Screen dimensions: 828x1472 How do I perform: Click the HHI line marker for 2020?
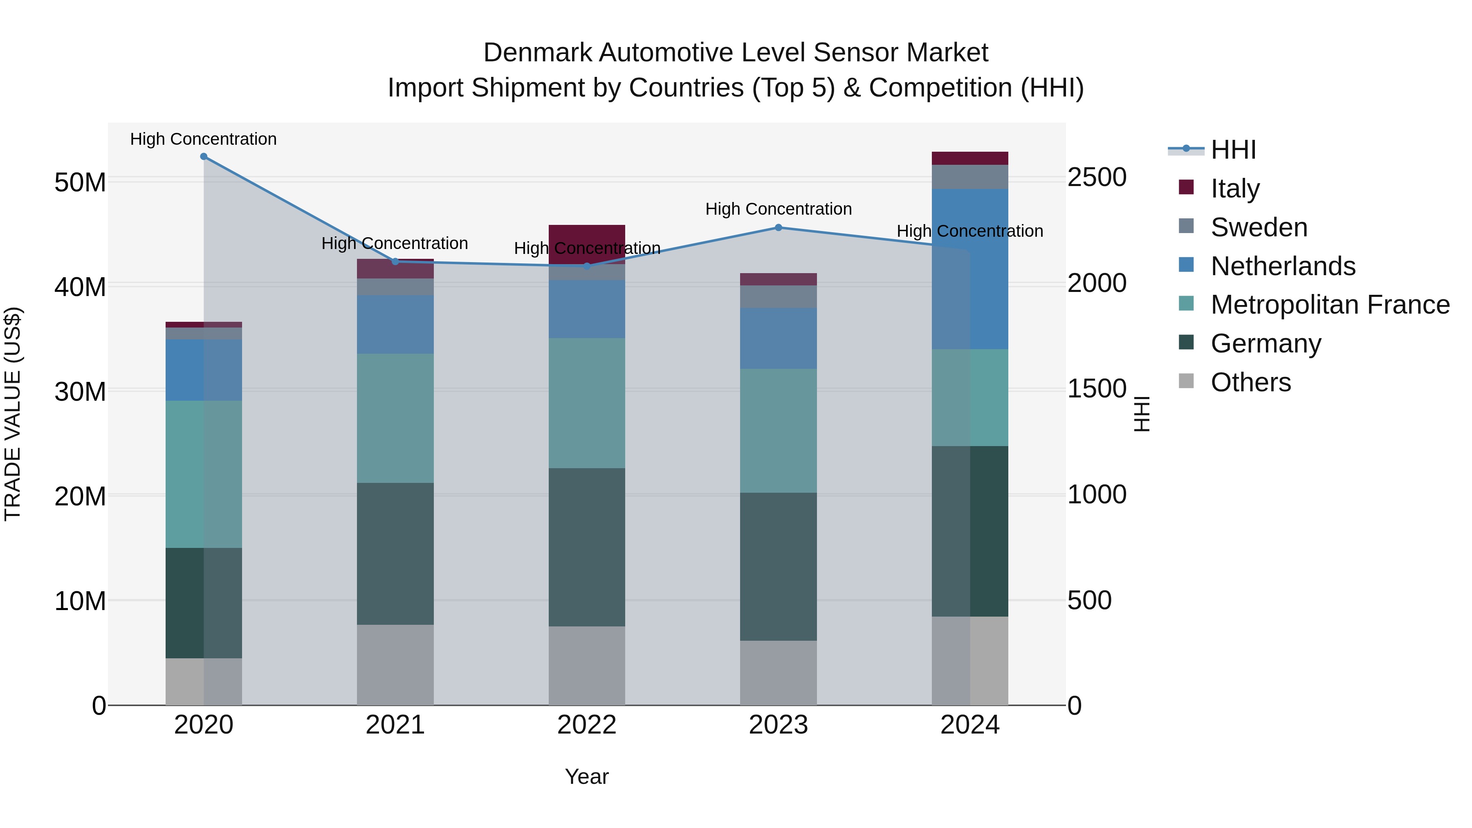pyautogui.click(x=204, y=157)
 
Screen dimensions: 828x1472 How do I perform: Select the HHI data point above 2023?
pyautogui.click(x=778, y=227)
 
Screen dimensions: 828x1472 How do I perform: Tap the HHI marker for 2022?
pyautogui.click(x=587, y=266)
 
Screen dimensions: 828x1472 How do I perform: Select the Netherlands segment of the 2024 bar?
pyautogui.click(x=970, y=269)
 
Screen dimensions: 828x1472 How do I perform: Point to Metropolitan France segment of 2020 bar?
pyautogui.click(x=204, y=474)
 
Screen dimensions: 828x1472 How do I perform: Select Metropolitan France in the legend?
pyautogui.click(x=1329, y=305)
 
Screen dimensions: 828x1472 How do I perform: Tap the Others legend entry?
pyautogui.click(x=1250, y=382)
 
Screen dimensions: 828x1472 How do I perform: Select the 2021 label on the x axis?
pyautogui.click(x=395, y=725)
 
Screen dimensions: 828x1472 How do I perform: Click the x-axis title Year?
pyautogui.click(x=587, y=776)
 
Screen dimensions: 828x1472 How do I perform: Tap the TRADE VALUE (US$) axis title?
pyautogui.click(x=13, y=414)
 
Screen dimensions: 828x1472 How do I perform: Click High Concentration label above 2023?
pyautogui.click(x=778, y=209)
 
